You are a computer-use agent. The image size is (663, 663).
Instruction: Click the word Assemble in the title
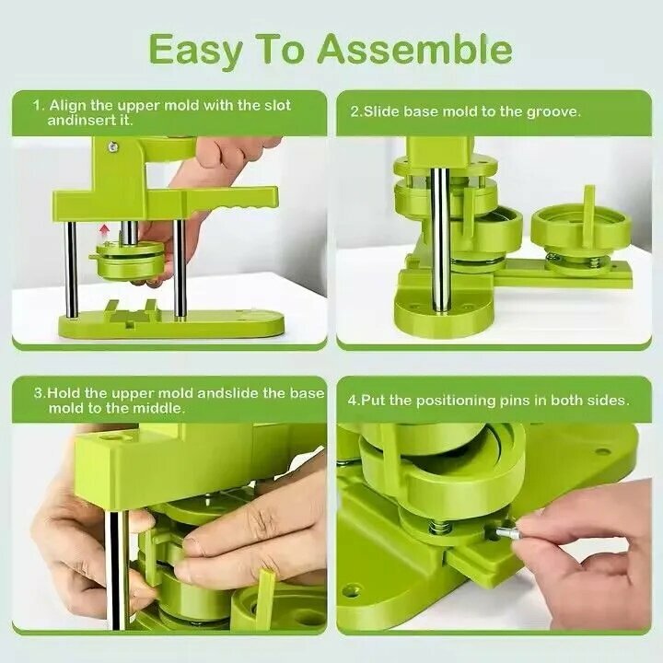tap(415, 51)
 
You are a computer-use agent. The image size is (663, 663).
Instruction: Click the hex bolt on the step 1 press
tap(112, 147)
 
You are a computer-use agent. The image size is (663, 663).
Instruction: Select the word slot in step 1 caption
tap(277, 105)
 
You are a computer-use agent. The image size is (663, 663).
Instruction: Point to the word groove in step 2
tap(553, 112)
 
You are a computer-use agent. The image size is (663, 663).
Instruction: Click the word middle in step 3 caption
tap(159, 408)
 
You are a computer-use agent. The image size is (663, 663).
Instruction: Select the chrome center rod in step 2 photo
tap(440, 238)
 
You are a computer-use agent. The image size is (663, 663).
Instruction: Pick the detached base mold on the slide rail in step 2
tap(582, 236)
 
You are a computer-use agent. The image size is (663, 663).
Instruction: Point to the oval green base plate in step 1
tap(171, 324)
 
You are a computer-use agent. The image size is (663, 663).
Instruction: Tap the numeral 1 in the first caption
tap(38, 105)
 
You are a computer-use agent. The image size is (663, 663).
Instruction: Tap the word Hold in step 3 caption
tap(64, 393)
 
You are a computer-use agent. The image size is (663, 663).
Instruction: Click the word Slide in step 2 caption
tap(382, 111)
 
